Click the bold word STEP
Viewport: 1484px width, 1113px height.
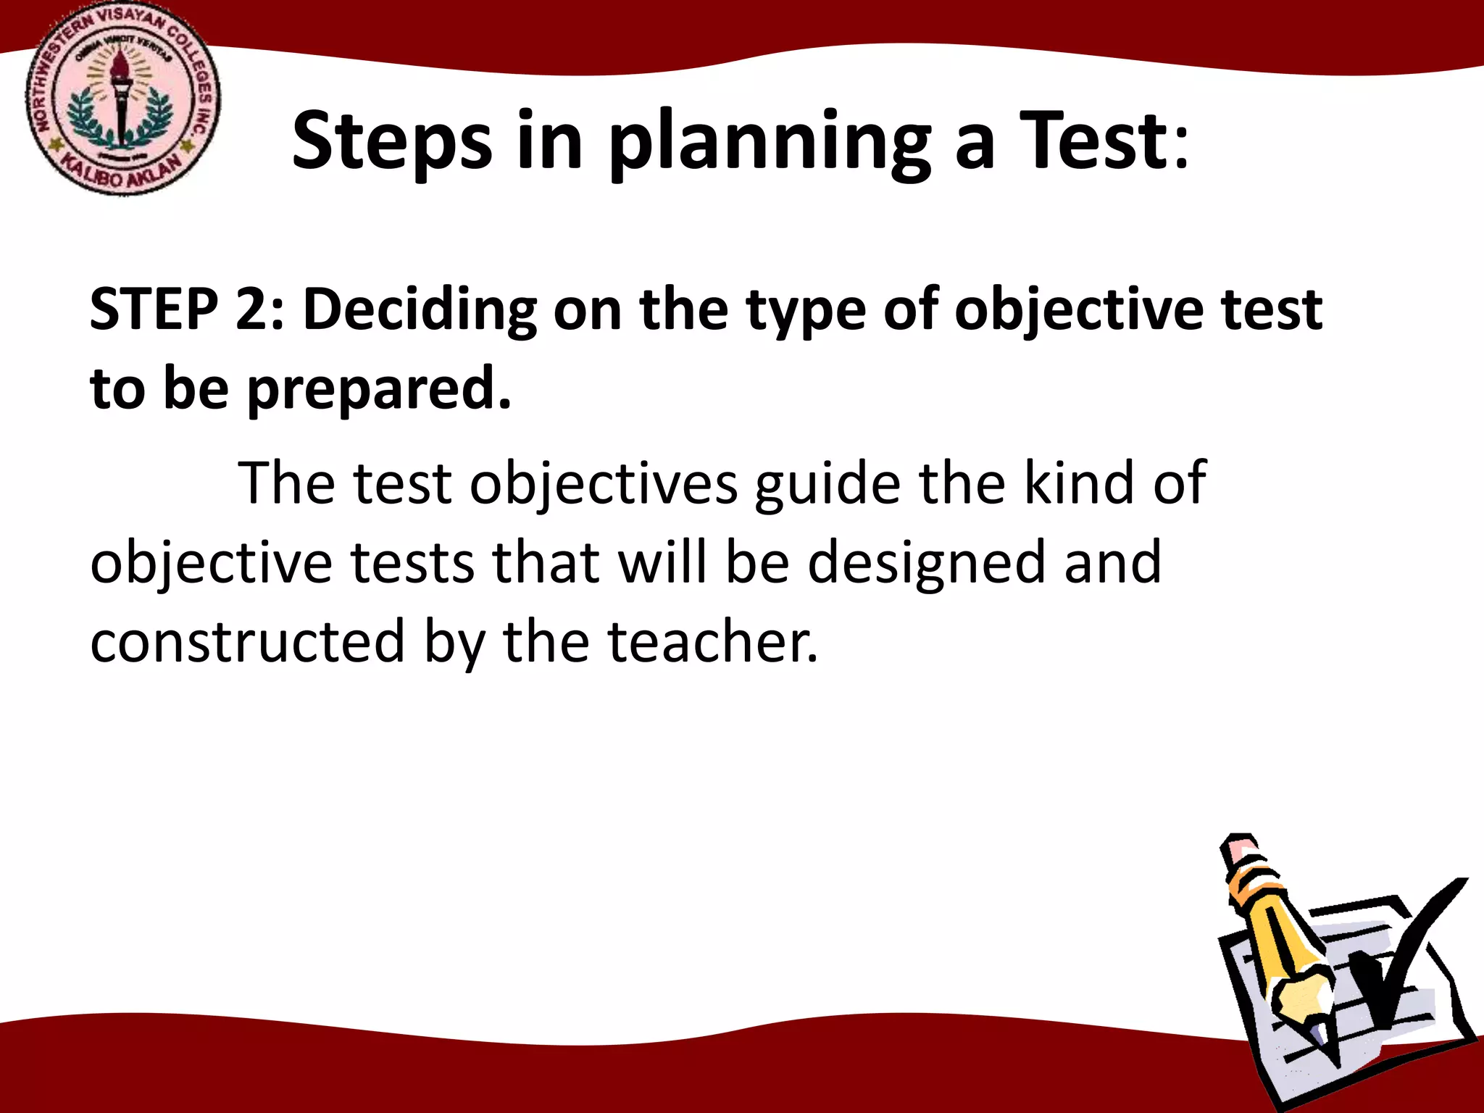point(154,309)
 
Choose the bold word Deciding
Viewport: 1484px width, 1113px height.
point(420,309)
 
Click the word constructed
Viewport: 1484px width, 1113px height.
point(247,642)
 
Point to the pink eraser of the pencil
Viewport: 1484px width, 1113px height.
point(1240,849)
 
